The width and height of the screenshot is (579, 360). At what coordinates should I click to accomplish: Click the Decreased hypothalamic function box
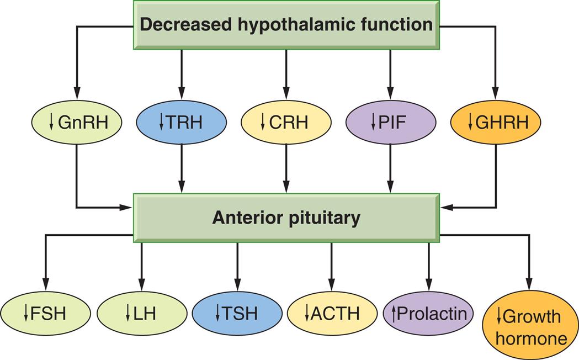286,25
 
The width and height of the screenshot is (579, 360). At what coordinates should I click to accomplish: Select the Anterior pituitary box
286,218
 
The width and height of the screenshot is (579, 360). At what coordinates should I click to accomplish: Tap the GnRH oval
76,122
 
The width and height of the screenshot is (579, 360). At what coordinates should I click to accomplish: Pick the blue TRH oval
181,122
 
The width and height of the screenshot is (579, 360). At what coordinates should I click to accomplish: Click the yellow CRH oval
286,122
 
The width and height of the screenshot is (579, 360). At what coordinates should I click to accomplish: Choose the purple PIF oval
391,122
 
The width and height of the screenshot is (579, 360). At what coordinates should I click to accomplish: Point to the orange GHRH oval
496,122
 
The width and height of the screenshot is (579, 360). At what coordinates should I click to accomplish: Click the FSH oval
45,314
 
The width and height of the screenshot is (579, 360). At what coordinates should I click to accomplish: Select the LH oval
142,314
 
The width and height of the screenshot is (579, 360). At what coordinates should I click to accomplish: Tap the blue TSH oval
237,314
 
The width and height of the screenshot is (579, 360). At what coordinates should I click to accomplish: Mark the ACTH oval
332,314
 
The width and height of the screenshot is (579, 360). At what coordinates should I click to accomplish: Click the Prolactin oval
428,314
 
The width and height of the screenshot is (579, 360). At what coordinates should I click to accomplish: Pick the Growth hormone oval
530,326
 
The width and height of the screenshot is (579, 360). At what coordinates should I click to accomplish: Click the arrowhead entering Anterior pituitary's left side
126,208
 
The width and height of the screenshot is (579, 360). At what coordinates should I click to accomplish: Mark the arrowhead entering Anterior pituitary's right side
446,208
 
